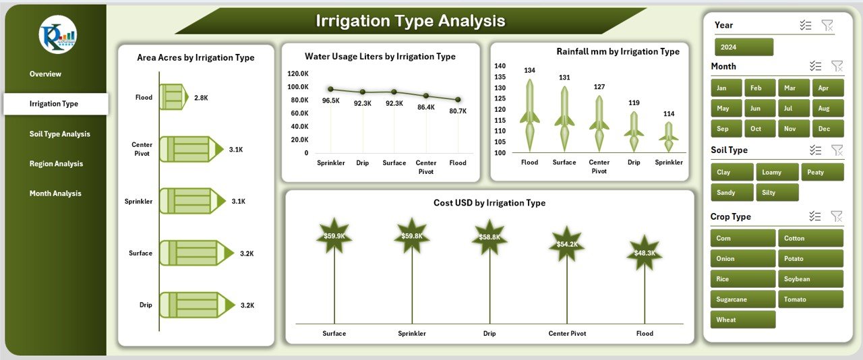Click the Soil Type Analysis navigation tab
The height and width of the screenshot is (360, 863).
tap(59, 134)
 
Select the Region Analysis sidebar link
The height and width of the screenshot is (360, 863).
tap(56, 164)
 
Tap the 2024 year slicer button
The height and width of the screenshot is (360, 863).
tap(744, 47)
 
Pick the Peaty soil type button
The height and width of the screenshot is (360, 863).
tap(822, 173)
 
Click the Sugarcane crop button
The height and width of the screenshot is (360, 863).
tap(742, 299)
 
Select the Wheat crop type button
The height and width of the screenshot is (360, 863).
tap(742, 320)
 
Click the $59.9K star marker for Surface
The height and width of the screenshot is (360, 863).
tap(334, 236)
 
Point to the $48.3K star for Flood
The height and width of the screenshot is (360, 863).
tap(645, 253)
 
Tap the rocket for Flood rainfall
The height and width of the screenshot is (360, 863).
tap(530, 115)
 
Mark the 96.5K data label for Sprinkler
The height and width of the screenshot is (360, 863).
tap(331, 100)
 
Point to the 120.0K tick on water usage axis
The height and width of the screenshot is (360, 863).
tap(297, 73)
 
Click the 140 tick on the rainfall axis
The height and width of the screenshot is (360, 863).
tap(500, 66)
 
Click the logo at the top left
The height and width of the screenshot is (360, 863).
tap(58, 34)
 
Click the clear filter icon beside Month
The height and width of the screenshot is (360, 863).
tap(837, 66)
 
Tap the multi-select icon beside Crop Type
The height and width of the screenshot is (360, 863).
tap(815, 216)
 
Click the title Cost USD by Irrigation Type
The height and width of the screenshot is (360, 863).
tap(489, 203)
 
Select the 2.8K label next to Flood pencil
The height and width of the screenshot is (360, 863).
tap(201, 98)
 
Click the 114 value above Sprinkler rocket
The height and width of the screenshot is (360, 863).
tap(668, 114)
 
